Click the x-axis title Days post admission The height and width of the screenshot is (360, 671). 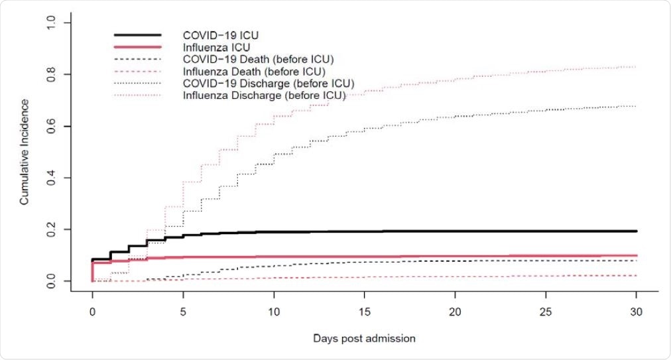coord(364,338)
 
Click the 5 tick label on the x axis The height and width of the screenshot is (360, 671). coord(183,312)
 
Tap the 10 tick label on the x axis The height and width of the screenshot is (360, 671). coord(274,312)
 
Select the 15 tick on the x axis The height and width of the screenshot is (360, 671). coord(364,312)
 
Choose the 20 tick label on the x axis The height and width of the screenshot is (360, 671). coord(455,312)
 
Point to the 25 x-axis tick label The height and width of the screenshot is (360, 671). coord(546,312)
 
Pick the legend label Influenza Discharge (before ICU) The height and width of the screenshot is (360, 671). coord(264,96)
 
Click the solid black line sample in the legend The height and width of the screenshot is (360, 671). coord(138,34)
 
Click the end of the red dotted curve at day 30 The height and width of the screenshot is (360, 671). coord(636,67)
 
